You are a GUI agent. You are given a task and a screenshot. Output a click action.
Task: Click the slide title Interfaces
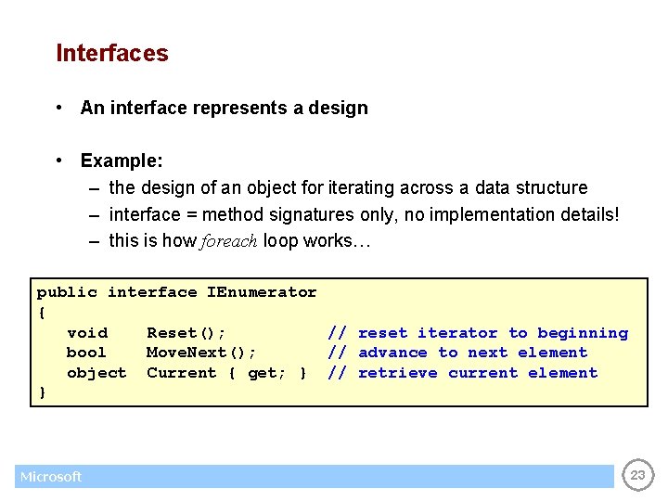[x=112, y=54]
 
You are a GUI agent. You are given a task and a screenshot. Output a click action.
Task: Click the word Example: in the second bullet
[x=122, y=161]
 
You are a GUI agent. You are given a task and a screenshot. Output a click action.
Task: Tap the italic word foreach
[x=228, y=241]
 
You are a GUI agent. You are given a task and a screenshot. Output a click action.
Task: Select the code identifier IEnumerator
[x=262, y=292]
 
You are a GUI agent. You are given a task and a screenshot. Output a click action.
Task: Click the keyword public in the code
[x=67, y=292]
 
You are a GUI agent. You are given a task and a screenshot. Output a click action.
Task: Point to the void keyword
[x=87, y=333]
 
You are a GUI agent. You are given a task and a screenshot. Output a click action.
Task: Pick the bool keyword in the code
[x=87, y=353]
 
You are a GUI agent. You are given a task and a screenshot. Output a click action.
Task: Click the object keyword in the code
[x=96, y=373]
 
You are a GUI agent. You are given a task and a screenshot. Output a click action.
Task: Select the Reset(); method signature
[x=186, y=333]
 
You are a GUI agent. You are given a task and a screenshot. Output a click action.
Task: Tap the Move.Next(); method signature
[x=201, y=353]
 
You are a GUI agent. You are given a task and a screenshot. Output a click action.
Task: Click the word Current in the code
[x=182, y=373]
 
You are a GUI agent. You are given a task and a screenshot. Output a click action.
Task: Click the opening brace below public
[x=42, y=313]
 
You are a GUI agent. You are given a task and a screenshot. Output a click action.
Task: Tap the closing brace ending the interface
[x=42, y=393]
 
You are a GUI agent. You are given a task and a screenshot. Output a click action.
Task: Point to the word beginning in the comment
[x=583, y=333]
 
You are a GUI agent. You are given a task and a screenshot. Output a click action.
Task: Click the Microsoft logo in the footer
[x=51, y=477]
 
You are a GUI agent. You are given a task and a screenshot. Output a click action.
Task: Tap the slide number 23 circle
[x=637, y=476]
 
